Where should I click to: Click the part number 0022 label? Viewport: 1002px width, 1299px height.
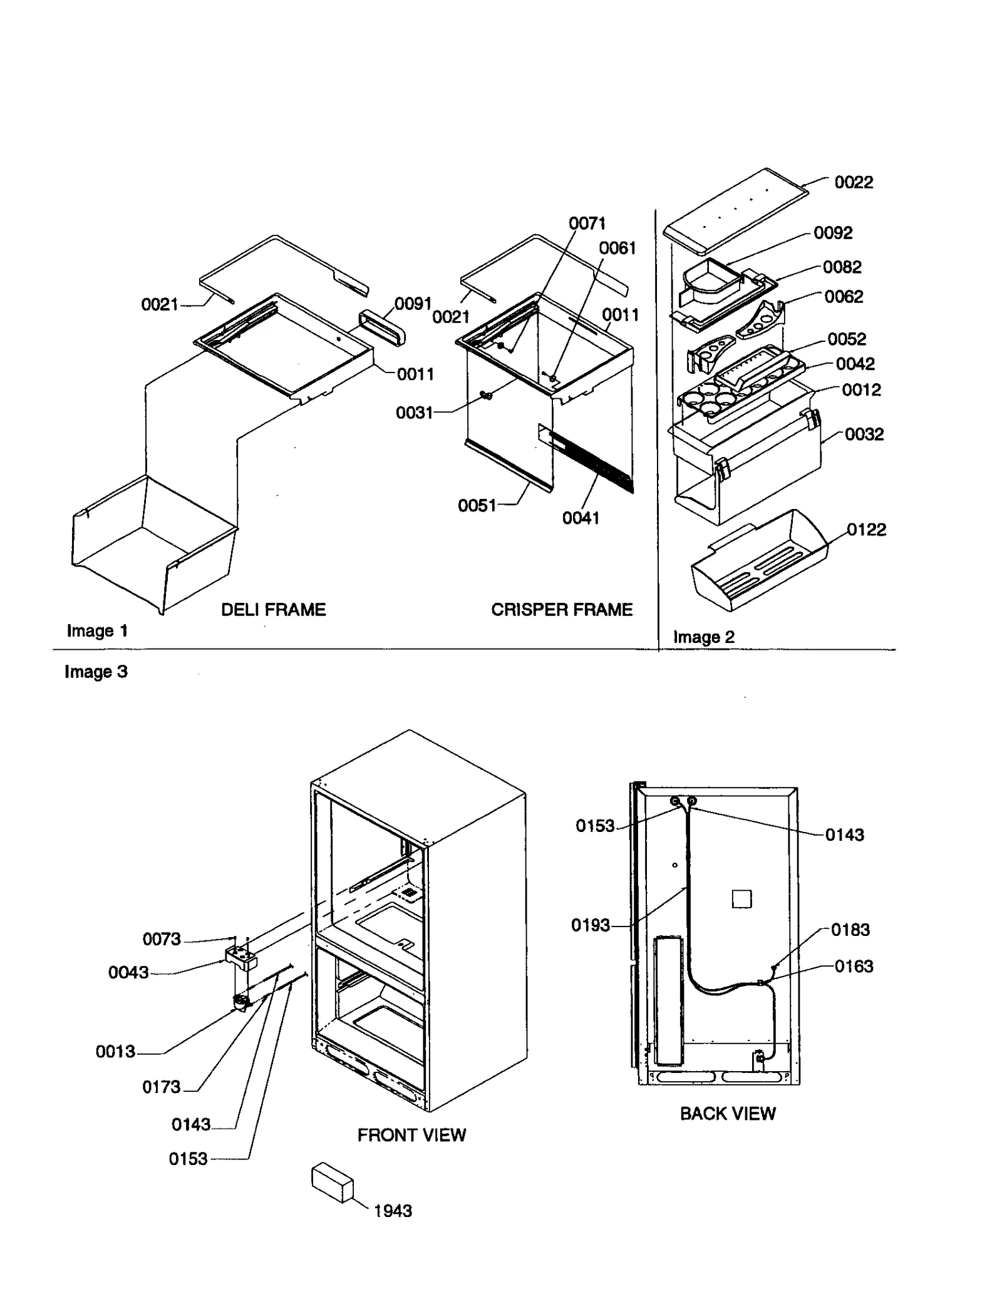[853, 182]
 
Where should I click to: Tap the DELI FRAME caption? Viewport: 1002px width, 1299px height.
[273, 609]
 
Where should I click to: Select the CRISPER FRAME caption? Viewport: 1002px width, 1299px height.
[561, 609]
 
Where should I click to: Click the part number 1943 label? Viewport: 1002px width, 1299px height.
[393, 1210]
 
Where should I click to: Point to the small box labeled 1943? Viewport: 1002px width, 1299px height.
[332, 1183]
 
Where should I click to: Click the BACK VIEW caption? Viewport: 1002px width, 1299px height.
[727, 1113]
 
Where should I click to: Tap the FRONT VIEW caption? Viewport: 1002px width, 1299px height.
[411, 1134]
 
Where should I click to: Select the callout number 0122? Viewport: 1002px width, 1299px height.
[866, 530]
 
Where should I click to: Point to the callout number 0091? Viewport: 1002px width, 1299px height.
[413, 304]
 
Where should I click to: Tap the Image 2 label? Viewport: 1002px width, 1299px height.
[703, 637]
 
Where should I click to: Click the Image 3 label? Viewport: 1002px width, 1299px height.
[96, 671]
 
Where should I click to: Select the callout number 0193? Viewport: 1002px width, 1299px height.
[590, 925]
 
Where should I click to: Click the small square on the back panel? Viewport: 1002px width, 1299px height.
[741, 899]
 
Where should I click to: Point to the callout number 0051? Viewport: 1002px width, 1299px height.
[477, 505]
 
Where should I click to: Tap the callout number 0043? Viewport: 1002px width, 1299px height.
[128, 972]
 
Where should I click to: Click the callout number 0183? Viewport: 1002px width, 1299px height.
[850, 929]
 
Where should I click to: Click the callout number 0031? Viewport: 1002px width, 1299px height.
[414, 413]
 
